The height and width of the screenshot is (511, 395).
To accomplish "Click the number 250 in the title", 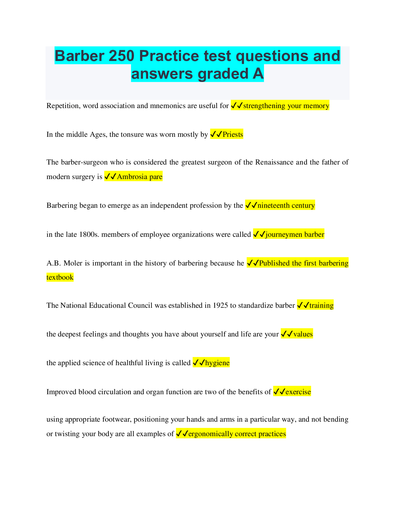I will (121, 56).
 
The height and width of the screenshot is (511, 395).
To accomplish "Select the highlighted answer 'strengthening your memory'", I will (286, 106).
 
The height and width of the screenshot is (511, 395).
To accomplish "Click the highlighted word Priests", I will (233, 135).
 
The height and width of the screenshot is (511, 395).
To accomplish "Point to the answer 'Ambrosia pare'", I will (139, 177).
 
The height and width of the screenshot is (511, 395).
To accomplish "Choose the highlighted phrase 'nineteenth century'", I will (286, 205).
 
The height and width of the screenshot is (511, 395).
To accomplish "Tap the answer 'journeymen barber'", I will (295, 235).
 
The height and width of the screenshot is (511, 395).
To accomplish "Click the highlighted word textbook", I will (60, 277).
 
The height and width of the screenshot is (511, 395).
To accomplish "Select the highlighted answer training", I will (321, 306).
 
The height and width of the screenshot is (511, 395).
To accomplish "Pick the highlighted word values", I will (303, 334).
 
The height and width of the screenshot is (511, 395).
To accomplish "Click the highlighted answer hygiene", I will (217, 363).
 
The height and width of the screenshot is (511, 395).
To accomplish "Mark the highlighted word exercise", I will (298, 392).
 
